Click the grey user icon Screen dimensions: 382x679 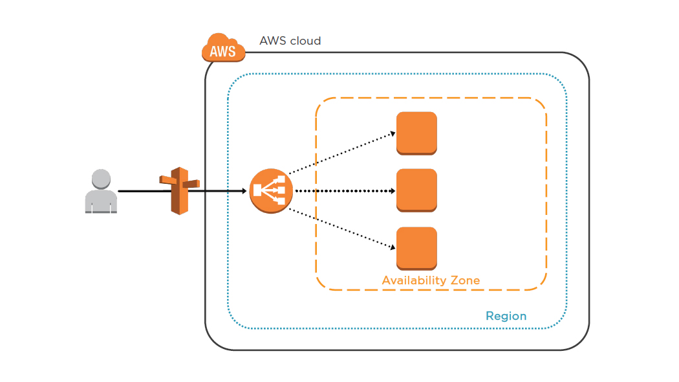101,192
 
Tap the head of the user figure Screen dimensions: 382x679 101,179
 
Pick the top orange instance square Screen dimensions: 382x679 416,133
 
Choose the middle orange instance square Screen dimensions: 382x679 416,190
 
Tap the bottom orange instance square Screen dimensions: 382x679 416,248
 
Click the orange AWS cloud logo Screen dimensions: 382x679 223,48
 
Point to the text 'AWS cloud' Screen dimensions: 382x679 290,41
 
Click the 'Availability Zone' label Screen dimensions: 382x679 431,280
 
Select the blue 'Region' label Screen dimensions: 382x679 506,316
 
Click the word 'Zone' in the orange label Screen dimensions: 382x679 465,280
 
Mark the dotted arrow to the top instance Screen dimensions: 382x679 341,153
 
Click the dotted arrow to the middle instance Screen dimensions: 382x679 343,191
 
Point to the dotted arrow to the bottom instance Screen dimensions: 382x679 341,228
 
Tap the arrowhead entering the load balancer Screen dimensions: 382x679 244,191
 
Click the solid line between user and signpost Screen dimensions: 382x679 139,191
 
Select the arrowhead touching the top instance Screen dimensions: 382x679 393,133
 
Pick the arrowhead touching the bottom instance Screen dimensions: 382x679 393,247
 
